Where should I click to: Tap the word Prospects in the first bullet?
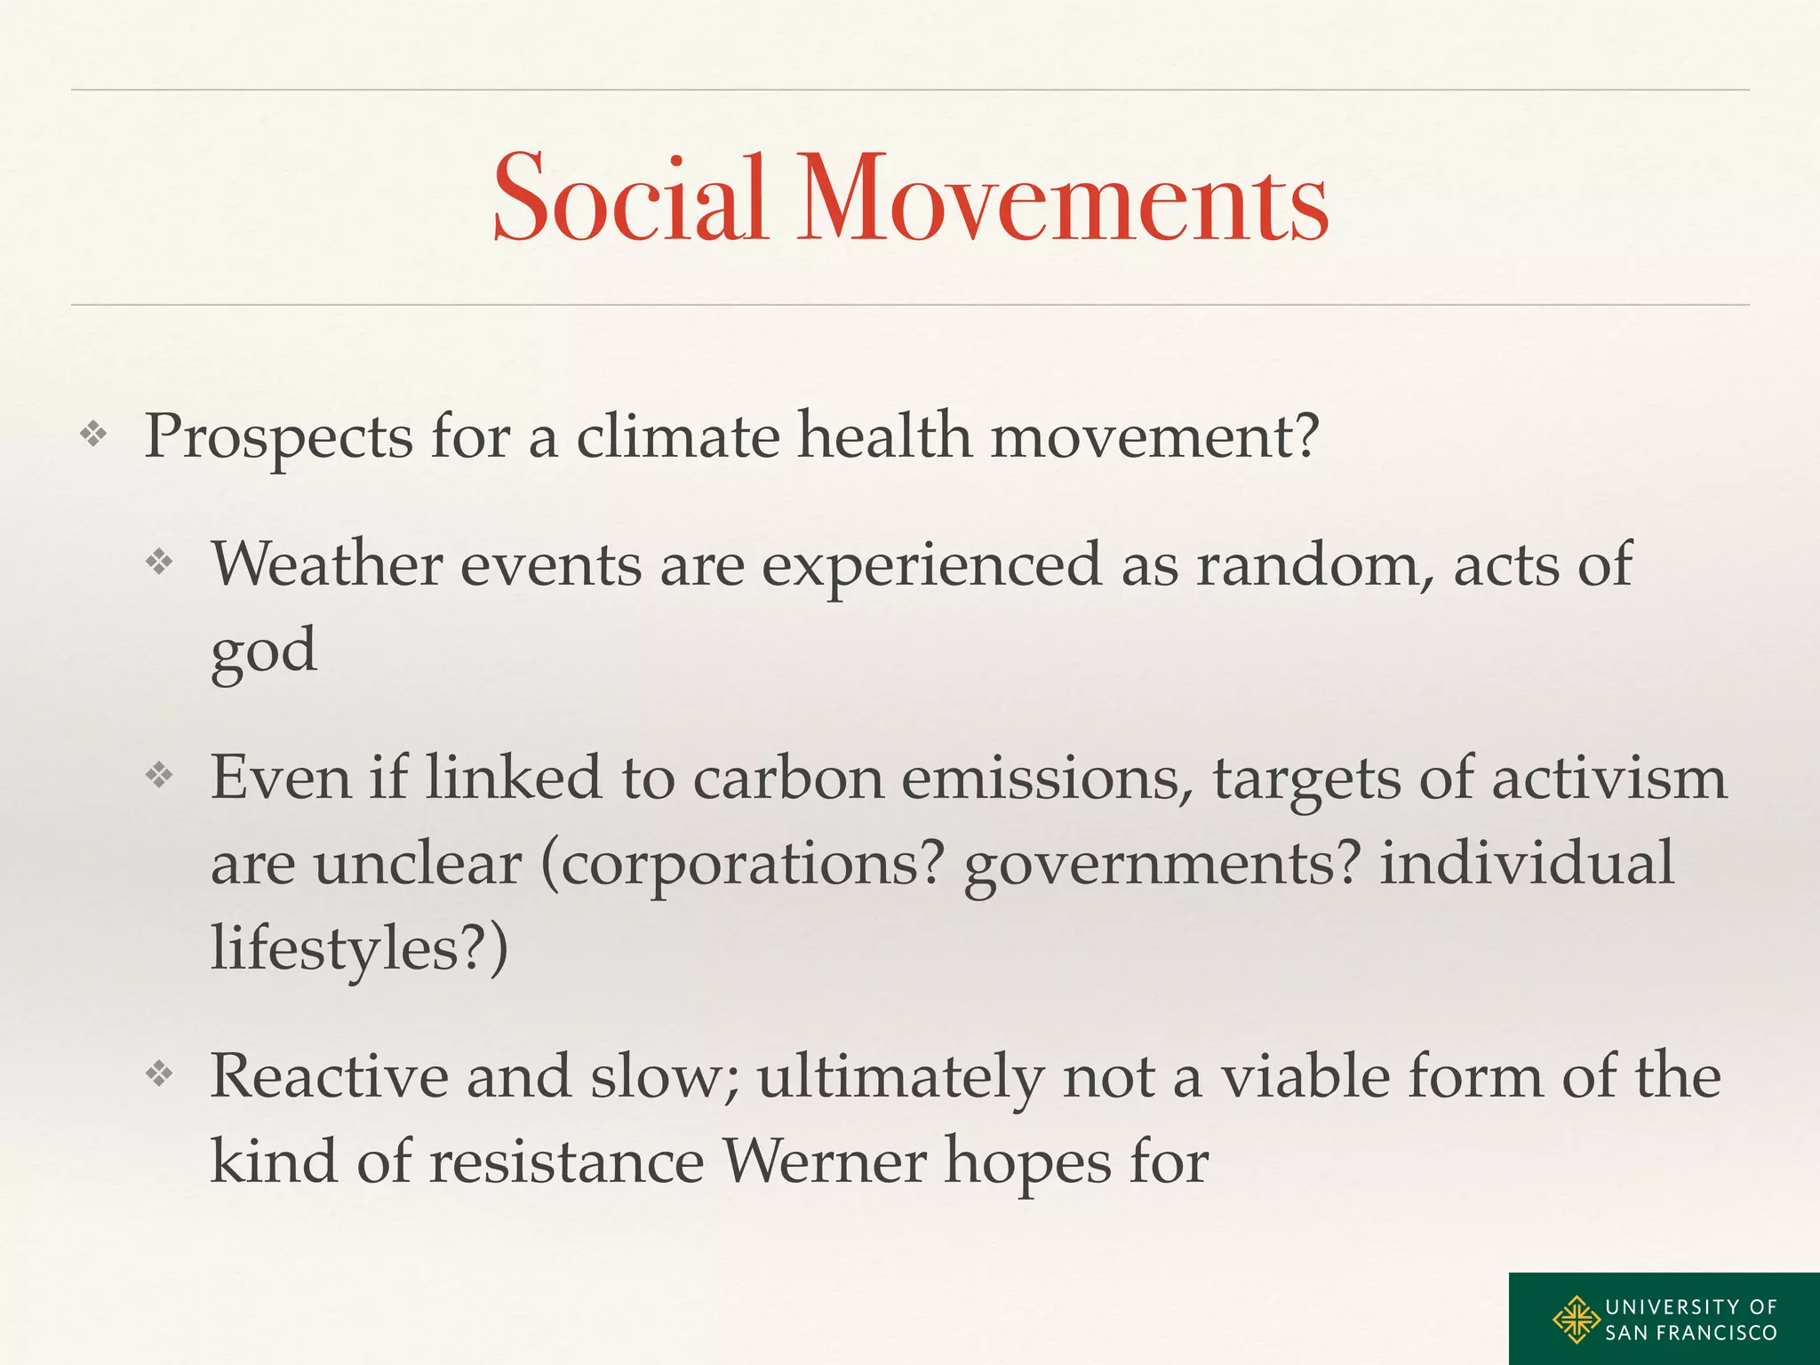[x=278, y=437]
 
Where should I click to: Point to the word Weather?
[x=326, y=564]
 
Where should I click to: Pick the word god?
[x=263, y=651]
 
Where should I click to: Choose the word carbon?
[x=788, y=778]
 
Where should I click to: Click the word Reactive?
[x=329, y=1076]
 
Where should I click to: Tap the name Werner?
[x=824, y=1161]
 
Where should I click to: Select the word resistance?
[x=566, y=1161]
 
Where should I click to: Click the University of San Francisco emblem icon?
[x=1576, y=1320]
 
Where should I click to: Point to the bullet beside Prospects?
[x=93, y=435]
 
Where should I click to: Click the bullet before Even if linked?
[x=159, y=776]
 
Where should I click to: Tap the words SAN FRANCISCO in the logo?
[x=1690, y=1333]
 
